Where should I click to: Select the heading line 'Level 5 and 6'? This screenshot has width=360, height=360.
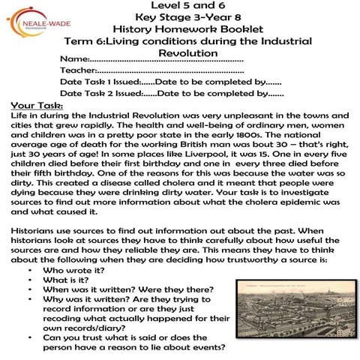pyautogui.click(x=181, y=7)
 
